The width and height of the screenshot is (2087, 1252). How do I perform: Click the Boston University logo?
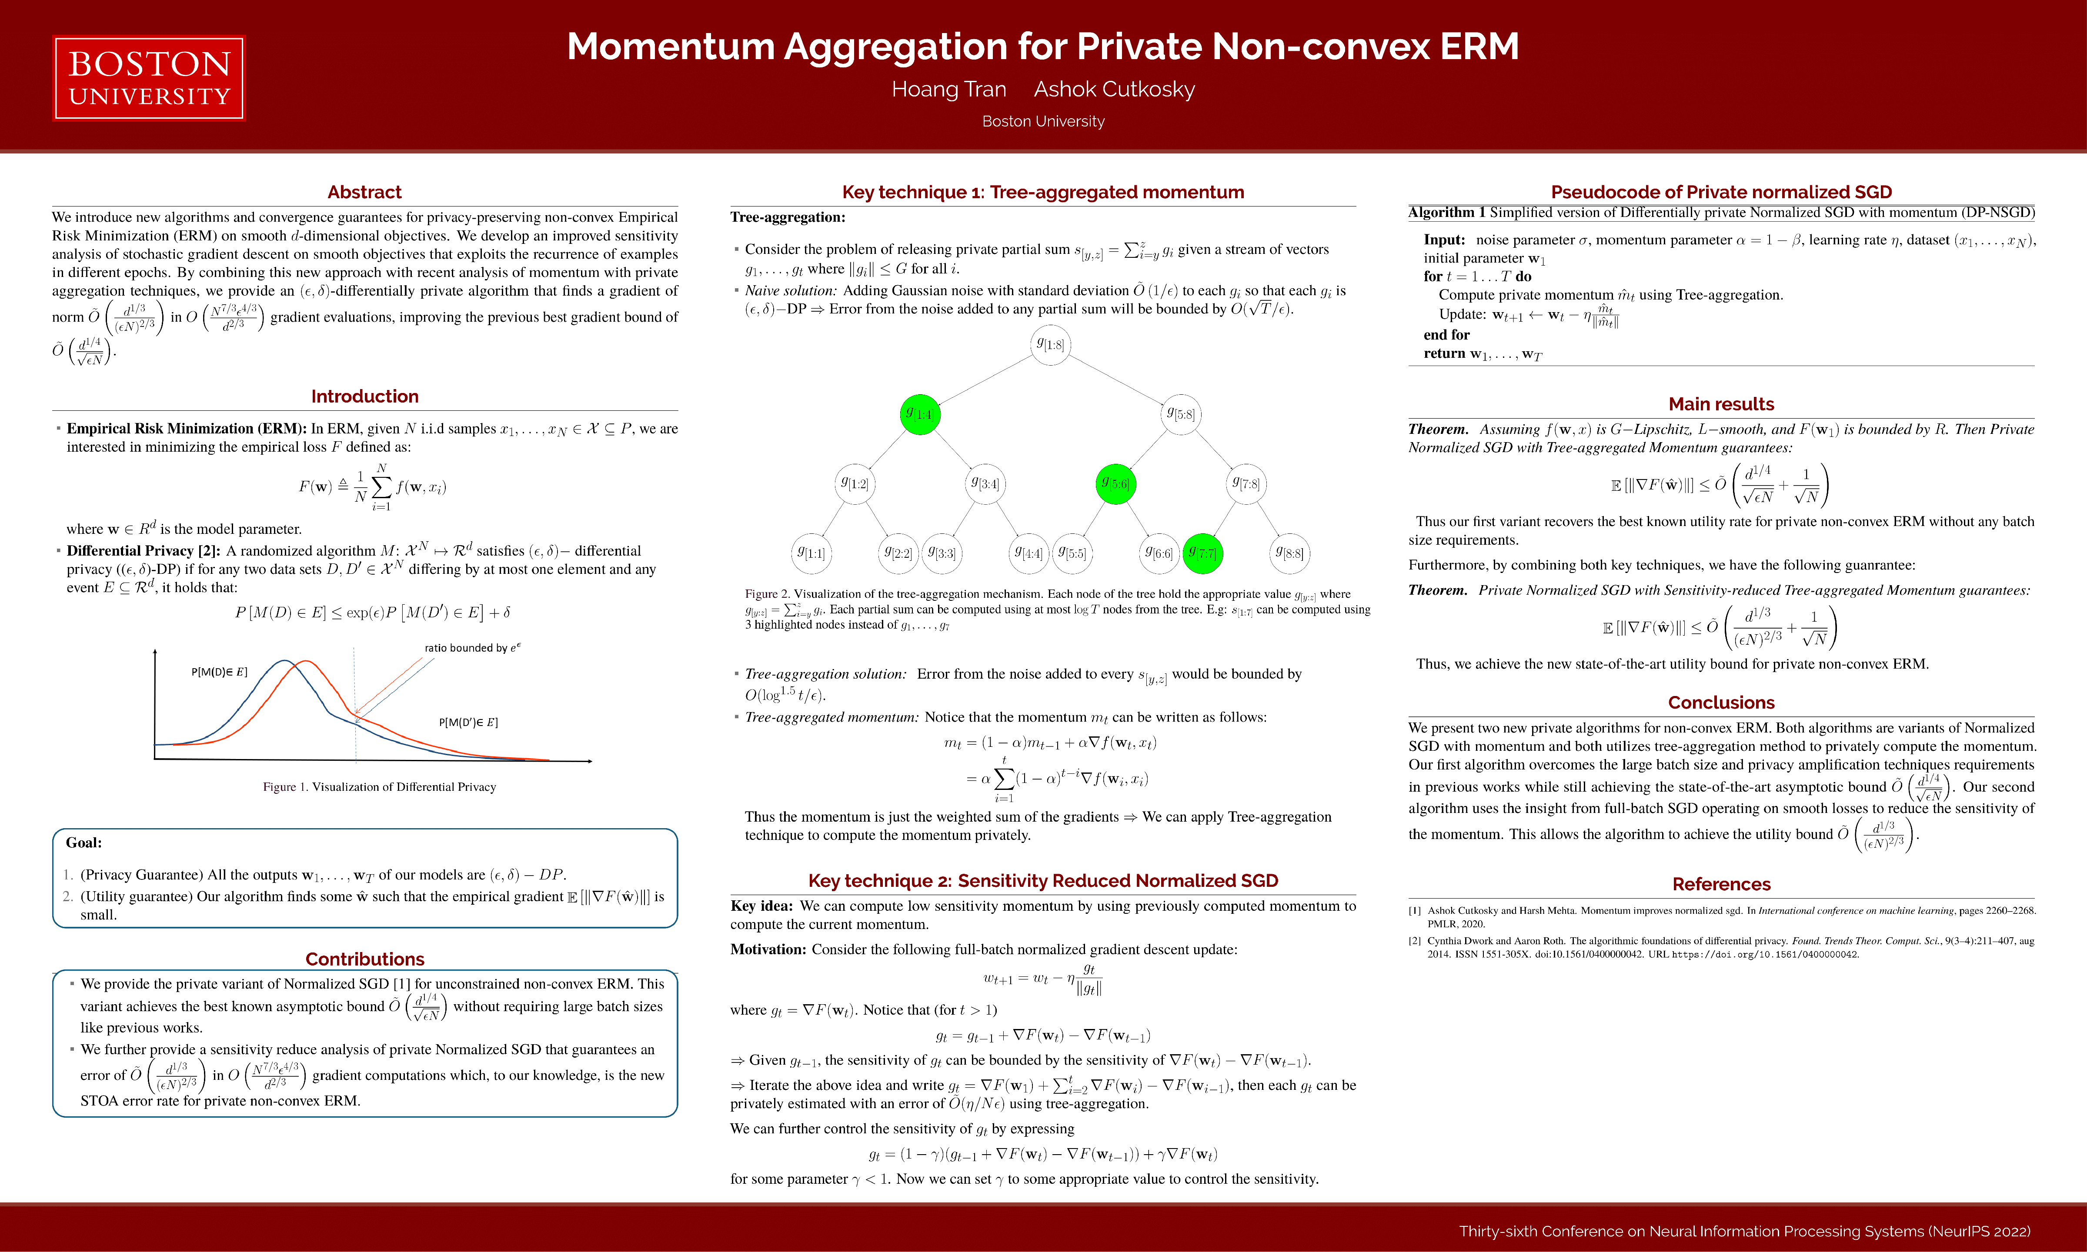149,78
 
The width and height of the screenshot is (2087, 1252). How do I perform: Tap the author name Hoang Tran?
948,90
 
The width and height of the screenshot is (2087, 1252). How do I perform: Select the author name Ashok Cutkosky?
1114,90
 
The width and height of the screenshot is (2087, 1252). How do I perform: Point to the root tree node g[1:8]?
1051,344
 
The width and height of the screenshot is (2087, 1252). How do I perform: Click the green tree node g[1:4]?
920,414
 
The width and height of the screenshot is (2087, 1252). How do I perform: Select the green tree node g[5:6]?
1115,483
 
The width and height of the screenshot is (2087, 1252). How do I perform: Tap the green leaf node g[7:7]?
1202,553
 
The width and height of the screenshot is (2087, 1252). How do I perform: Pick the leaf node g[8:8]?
1289,553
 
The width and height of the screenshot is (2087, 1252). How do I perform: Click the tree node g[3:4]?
985,483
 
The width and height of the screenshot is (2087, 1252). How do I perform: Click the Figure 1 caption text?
379,787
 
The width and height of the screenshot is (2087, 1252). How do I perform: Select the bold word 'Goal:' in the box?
83,843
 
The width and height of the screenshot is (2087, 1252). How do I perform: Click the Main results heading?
1721,404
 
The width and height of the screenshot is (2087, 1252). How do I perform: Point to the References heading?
1721,884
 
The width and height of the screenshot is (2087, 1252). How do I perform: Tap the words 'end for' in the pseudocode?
1446,335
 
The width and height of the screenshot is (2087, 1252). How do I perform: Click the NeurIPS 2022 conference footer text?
1744,1232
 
